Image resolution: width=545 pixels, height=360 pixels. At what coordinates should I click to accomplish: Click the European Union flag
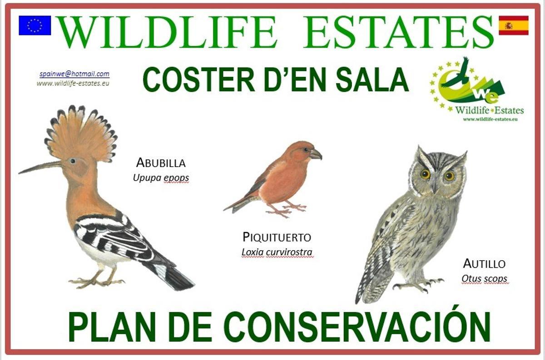35,25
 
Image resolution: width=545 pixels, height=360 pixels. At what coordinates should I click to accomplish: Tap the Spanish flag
513,25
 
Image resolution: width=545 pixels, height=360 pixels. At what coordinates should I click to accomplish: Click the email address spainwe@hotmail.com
74,74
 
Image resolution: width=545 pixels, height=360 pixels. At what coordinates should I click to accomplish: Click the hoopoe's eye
72,160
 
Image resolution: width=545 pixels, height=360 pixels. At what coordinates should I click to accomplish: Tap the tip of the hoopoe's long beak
20,173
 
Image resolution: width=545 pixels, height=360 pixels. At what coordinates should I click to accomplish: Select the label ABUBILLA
161,163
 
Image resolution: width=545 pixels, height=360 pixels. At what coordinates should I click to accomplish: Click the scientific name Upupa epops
161,178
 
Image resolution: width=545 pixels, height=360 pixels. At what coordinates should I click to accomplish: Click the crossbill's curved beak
316,154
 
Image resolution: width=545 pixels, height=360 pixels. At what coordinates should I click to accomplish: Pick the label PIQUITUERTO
277,237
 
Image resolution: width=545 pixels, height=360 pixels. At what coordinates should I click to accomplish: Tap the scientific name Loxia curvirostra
277,252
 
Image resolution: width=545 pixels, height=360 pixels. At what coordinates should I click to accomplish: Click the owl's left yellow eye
425,174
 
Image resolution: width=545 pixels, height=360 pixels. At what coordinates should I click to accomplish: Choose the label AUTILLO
484,264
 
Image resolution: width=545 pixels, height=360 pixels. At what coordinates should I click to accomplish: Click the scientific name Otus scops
484,279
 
